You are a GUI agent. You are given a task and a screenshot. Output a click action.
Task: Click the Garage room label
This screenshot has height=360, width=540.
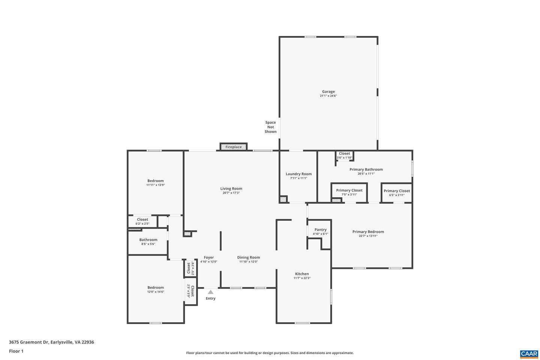pyautogui.click(x=328, y=91)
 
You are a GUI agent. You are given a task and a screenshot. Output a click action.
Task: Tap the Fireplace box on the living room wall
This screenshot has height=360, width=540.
pyautogui.click(x=234, y=147)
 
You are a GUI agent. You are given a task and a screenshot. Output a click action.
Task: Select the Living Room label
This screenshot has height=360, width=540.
pyautogui.click(x=231, y=189)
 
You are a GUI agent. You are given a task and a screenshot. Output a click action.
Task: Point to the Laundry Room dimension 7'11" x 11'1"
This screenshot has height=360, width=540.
pyautogui.click(x=298, y=178)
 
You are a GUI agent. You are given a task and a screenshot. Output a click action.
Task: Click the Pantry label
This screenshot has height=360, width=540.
pyautogui.click(x=320, y=229)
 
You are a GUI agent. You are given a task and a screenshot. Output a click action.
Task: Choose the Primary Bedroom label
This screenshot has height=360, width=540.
pyautogui.click(x=368, y=232)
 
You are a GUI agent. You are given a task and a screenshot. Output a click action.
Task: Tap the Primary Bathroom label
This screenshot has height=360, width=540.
pyautogui.click(x=366, y=169)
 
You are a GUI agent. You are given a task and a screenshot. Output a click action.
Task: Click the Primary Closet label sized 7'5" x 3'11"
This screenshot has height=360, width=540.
pyautogui.click(x=349, y=190)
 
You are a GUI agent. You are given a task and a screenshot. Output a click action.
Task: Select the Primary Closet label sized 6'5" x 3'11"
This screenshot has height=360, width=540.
pyautogui.click(x=397, y=191)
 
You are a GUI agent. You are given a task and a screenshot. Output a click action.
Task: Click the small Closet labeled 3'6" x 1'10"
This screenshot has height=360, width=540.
pyautogui.click(x=344, y=154)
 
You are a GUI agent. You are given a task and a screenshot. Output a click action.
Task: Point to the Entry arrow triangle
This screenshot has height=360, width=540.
pyautogui.click(x=210, y=292)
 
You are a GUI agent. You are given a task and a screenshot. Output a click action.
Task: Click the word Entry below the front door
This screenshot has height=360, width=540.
pyautogui.click(x=210, y=298)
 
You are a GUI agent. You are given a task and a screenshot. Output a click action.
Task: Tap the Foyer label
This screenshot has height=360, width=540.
pyautogui.click(x=209, y=258)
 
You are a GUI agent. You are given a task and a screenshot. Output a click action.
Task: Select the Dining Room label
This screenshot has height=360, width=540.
pyautogui.click(x=248, y=258)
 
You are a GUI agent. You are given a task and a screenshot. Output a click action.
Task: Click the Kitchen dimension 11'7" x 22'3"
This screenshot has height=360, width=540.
pyautogui.click(x=302, y=278)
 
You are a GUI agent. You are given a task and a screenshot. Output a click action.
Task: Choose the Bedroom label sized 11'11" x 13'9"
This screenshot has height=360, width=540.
pyautogui.click(x=155, y=181)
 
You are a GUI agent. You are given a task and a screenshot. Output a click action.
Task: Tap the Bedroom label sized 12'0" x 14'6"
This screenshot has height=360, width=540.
pyautogui.click(x=155, y=288)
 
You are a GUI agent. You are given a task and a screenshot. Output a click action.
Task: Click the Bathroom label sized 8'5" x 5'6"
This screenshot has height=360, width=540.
pyautogui.click(x=148, y=240)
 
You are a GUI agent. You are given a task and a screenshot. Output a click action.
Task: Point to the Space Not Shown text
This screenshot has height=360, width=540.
pyautogui.click(x=270, y=127)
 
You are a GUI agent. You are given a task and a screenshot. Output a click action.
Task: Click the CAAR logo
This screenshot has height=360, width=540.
pyautogui.click(x=529, y=354)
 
